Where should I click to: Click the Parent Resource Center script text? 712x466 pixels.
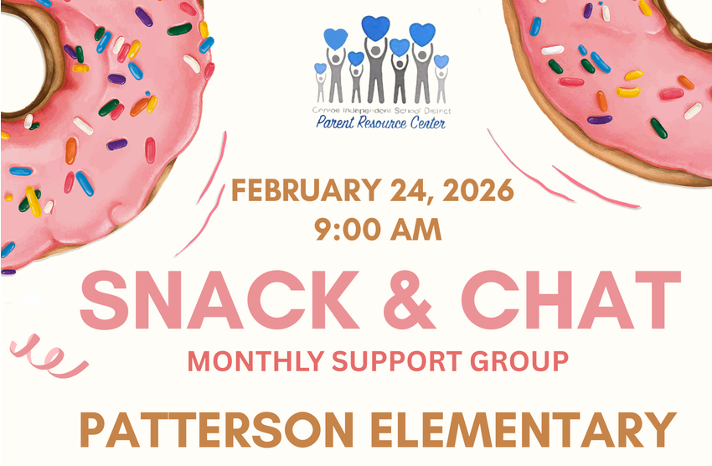click(380, 123)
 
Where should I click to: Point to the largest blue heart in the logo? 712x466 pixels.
click(377, 28)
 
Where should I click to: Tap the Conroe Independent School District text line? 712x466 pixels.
click(380, 110)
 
